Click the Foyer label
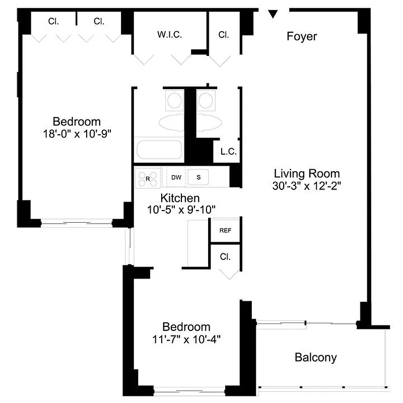click(302, 36)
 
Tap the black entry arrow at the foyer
click(273, 15)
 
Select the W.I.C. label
click(169, 35)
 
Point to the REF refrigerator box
click(225, 230)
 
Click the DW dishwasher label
click(176, 177)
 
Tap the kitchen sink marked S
click(198, 177)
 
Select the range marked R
click(147, 178)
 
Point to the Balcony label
click(315, 358)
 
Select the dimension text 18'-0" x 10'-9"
click(77, 133)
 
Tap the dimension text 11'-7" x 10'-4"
click(186, 339)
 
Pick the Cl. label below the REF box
click(225, 256)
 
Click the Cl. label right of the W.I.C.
click(224, 35)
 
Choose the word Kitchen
click(180, 198)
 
